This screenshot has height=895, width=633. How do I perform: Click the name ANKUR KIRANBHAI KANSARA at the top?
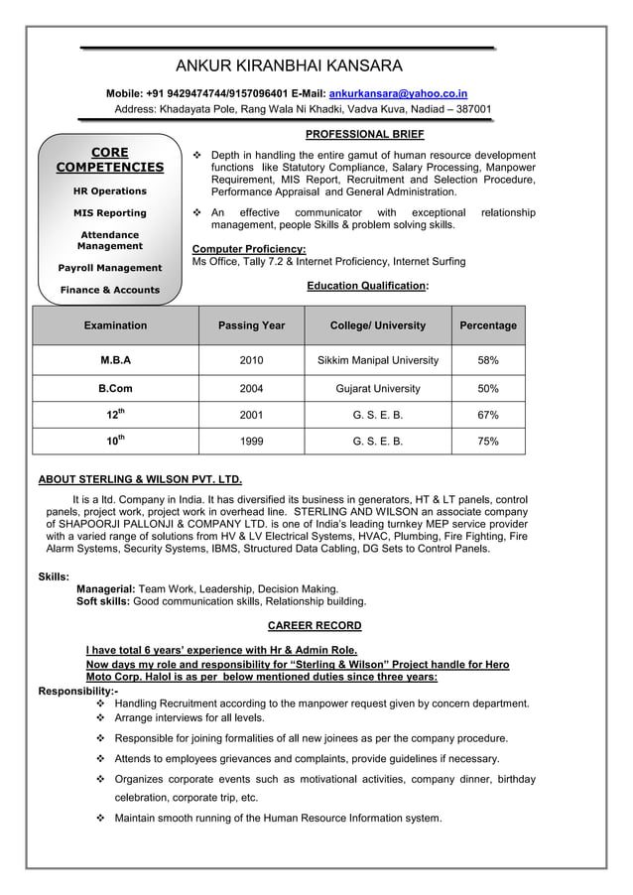pyautogui.click(x=289, y=66)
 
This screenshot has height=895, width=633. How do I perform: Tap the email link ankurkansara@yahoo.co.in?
pyautogui.click(x=399, y=92)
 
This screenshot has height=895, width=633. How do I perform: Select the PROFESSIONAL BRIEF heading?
pyautogui.click(x=365, y=134)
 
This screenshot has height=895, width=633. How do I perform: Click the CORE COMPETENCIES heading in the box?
pyautogui.click(x=109, y=160)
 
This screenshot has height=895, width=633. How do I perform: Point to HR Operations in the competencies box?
pyautogui.click(x=109, y=191)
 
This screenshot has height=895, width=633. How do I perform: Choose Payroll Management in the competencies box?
pyautogui.click(x=109, y=268)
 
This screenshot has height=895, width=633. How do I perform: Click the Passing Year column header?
pyautogui.click(x=252, y=325)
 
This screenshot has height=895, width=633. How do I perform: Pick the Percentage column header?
pyautogui.click(x=488, y=325)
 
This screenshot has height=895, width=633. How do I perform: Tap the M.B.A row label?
pyautogui.click(x=115, y=360)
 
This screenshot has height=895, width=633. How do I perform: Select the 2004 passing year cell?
pyautogui.click(x=252, y=389)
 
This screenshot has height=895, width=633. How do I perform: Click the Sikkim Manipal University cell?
pyautogui.click(x=377, y=360)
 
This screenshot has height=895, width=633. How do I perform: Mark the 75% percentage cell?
pyautogui.click(x=488, y=442)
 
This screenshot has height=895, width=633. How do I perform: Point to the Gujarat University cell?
pyautogui.click(x=377, y=389)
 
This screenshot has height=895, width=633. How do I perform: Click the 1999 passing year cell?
pyautogui.click(x=252, y=442)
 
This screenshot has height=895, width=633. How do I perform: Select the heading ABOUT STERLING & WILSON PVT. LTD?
pyautogui.click(x=140, y=478)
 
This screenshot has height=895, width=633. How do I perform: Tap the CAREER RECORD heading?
pyautogui.click(x=315, y=626)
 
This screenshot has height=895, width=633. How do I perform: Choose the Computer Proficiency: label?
pyautogui.click(x=248, y=248)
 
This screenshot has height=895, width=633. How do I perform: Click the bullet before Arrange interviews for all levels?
pyautogui.click(x=101, y=716)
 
